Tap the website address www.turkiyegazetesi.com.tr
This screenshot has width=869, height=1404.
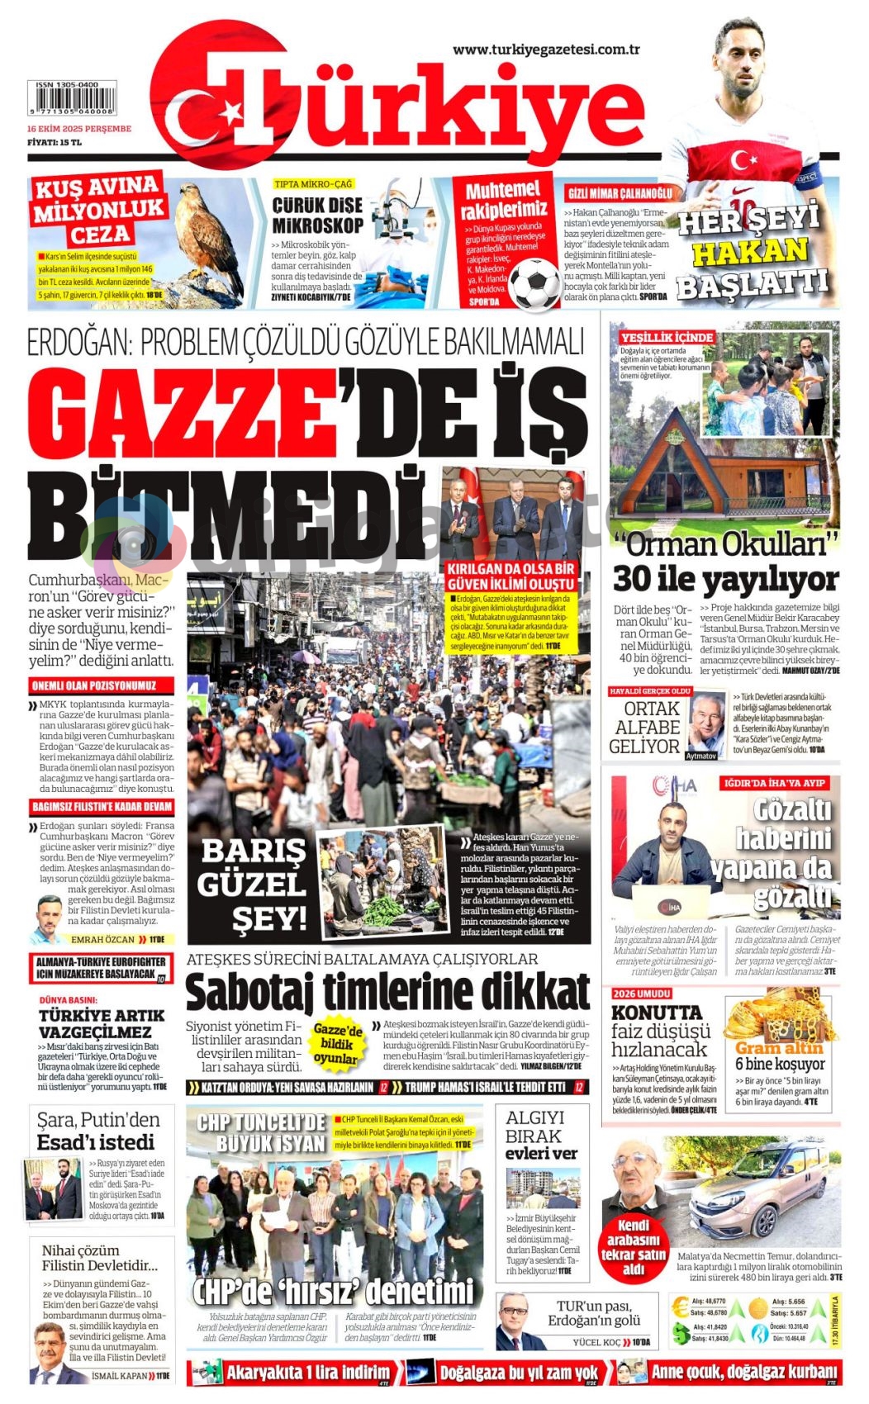546,50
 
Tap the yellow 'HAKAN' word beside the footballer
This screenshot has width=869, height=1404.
749,251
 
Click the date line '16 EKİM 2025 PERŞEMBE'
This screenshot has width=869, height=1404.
79,129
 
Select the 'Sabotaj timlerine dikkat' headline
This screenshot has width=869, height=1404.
387,992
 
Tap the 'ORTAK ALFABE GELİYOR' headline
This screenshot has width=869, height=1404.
644,728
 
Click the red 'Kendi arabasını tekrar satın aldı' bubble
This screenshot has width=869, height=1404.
634,1246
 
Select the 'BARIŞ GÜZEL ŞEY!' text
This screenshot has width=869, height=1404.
252,884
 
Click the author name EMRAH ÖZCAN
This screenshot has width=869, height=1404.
102,939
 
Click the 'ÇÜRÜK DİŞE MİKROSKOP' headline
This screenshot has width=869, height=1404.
317,215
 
